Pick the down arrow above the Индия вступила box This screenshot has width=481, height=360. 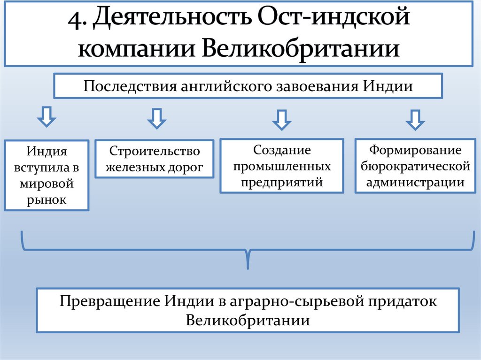[46, 118]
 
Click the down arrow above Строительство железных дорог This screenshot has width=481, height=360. [156, 119]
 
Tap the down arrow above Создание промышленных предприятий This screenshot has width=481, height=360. [281, 120]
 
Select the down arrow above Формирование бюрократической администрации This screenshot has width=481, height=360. [415, 120]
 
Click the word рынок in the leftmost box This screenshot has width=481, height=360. [47, 199]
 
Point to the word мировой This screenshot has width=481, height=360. [47, 184]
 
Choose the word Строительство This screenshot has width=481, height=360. [155, 151]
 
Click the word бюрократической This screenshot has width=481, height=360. [415, 166]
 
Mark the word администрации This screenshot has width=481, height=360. [415, 182]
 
